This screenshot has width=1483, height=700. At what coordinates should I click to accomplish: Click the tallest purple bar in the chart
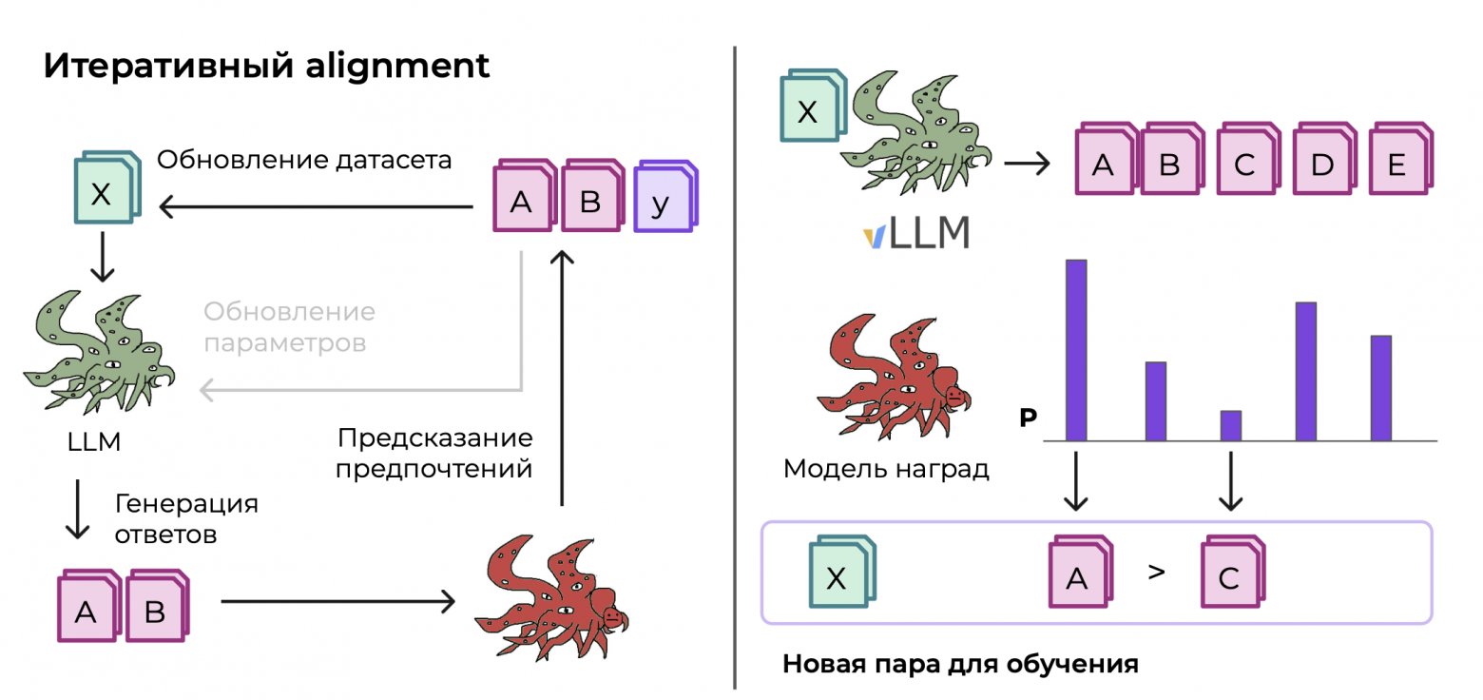[x=1075, y=350]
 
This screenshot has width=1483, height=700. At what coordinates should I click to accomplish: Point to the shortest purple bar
[x=1230, y=425]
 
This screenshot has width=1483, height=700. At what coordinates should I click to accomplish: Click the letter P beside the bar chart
[x=1027, y=418]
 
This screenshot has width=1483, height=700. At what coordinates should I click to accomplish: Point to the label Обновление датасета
[x=303, y=160]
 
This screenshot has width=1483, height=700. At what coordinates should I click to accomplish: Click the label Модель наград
[x=886, y=469]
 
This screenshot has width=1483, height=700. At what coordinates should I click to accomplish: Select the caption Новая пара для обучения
[x=959, y=663]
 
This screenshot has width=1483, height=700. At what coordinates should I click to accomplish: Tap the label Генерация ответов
[x=185, y=518]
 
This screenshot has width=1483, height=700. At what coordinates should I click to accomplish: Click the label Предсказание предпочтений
[x=434, y=454]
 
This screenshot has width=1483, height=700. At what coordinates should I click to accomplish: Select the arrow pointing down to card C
[x=1231, y=481]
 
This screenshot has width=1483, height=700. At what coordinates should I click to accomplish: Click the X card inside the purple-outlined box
[x=838, y=576]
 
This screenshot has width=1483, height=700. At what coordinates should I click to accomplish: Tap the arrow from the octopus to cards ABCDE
[x=1027, y=164]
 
